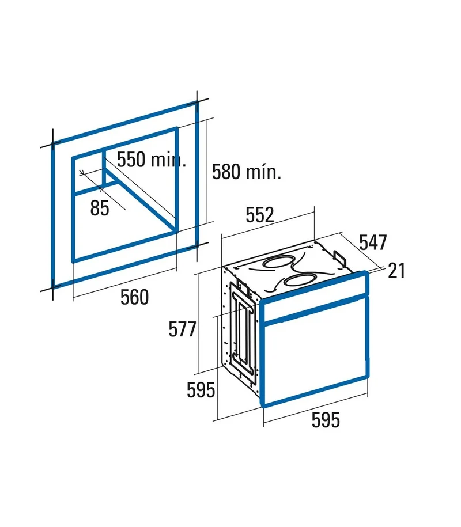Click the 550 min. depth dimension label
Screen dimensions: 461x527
click(152, 160)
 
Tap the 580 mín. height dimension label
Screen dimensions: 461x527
click(247, 172)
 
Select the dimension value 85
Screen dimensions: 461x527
click(100, 208)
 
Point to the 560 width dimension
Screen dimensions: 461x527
click(134, 297)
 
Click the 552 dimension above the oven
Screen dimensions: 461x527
click(260, 215)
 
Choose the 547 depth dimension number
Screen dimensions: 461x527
click(373, 242)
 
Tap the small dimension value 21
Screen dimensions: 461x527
click(396, 271)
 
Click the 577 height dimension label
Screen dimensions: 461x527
click(182, 329)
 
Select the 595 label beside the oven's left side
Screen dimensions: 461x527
click(201, 390)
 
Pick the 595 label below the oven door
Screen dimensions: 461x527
click(326, 420)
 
